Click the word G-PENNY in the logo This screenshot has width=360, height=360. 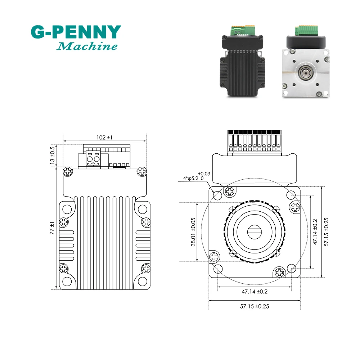76,32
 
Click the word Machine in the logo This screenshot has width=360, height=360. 87,46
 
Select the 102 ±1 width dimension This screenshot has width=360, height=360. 105,138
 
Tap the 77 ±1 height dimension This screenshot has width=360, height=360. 53,229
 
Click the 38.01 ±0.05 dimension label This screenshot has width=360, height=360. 193,232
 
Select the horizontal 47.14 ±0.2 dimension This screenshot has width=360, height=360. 255,292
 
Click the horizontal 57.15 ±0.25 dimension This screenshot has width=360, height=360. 255,306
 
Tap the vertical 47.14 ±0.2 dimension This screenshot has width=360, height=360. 315,232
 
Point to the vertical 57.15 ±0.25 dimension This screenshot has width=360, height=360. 327,232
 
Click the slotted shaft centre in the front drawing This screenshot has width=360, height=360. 255,231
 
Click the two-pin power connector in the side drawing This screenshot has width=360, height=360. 94,159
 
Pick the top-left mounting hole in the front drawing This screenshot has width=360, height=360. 218,195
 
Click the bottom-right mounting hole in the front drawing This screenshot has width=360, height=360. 291,268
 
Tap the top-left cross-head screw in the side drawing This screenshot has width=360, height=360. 67,171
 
